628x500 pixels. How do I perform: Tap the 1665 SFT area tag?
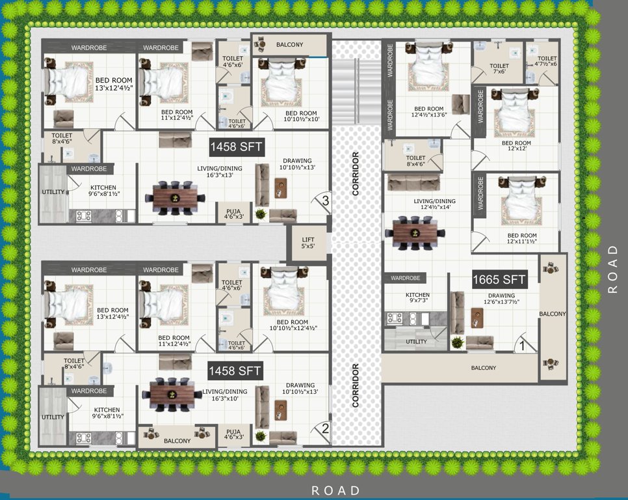pos(499,280)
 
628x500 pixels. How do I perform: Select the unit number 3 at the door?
pos(325,201)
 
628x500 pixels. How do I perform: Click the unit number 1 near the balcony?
pos(521,346)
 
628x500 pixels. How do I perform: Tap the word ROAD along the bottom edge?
pos(335,490)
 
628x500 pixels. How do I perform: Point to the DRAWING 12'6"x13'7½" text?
pos(501,299)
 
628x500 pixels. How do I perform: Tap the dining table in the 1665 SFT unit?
pos(415,232)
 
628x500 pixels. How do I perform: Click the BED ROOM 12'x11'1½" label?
pos(522,239)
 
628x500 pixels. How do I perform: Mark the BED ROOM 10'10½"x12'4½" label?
pos(291,326)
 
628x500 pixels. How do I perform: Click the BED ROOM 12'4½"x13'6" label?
pos(428,113)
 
